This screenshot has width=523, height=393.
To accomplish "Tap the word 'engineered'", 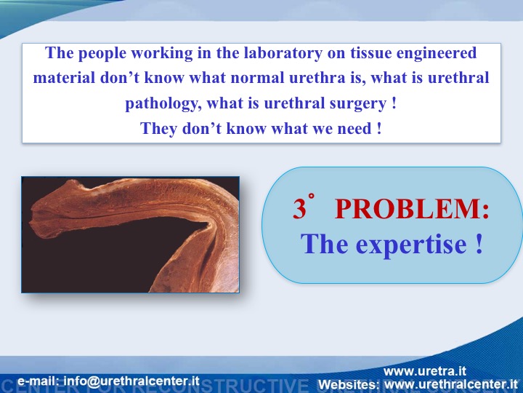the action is tap(436, 54).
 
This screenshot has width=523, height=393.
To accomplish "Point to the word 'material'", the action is tap(64, 78).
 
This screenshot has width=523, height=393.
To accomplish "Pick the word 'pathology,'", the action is tap(163, 103).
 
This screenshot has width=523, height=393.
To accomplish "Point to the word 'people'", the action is tap(102, 54).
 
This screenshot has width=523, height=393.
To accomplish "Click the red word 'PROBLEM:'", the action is tap(412, 209).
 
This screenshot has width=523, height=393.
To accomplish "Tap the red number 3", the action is tap(299, 209).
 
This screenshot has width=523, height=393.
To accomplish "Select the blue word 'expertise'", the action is tap(411, 245).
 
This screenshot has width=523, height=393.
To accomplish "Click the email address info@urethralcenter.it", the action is tap(131, 381).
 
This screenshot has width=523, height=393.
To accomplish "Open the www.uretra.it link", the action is tap(425, 371).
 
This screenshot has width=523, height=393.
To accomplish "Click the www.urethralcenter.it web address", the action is tap(451, 384).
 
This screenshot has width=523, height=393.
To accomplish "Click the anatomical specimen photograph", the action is tap(131, 234).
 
